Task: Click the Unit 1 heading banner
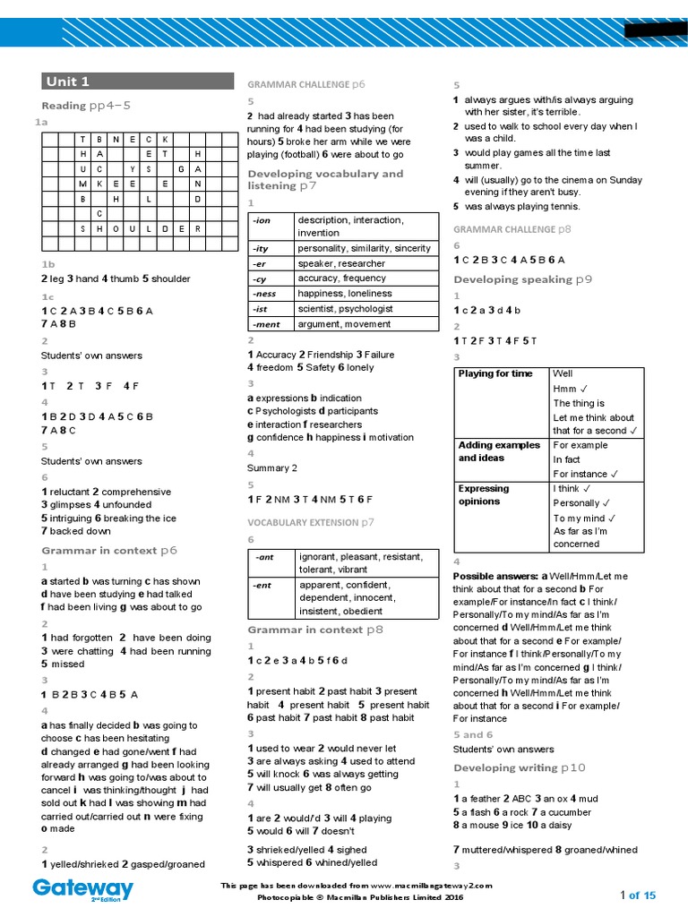[x=137, y=81]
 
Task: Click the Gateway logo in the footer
[x=83, y=889]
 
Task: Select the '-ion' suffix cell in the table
[x=271, y=227]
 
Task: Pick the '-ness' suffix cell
[x=271, y=294]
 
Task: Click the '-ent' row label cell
[x=271, y=598]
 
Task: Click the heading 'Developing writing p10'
[x=519, y=767]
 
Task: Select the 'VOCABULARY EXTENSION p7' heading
[x=311, y=521]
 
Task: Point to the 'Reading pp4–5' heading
[x=86, y=106]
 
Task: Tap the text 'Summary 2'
[x=272, y=467]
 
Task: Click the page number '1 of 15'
[x=638, y=895]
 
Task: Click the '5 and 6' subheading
[x=473, y=734]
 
